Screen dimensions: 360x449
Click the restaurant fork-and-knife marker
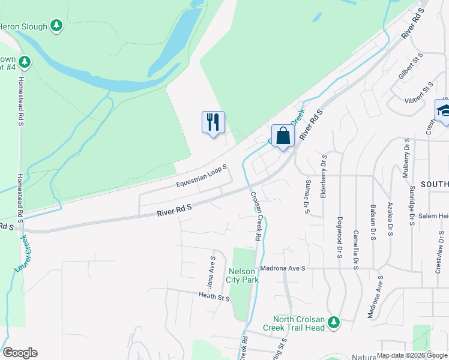213,122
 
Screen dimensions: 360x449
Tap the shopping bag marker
283,136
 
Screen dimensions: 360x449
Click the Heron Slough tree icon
56,25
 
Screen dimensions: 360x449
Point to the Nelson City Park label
243,275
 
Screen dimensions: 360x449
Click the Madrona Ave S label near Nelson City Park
282,268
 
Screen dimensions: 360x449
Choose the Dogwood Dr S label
340,238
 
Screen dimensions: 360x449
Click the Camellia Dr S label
355,250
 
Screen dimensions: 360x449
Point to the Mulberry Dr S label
406,158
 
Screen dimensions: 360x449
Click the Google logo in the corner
20,353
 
